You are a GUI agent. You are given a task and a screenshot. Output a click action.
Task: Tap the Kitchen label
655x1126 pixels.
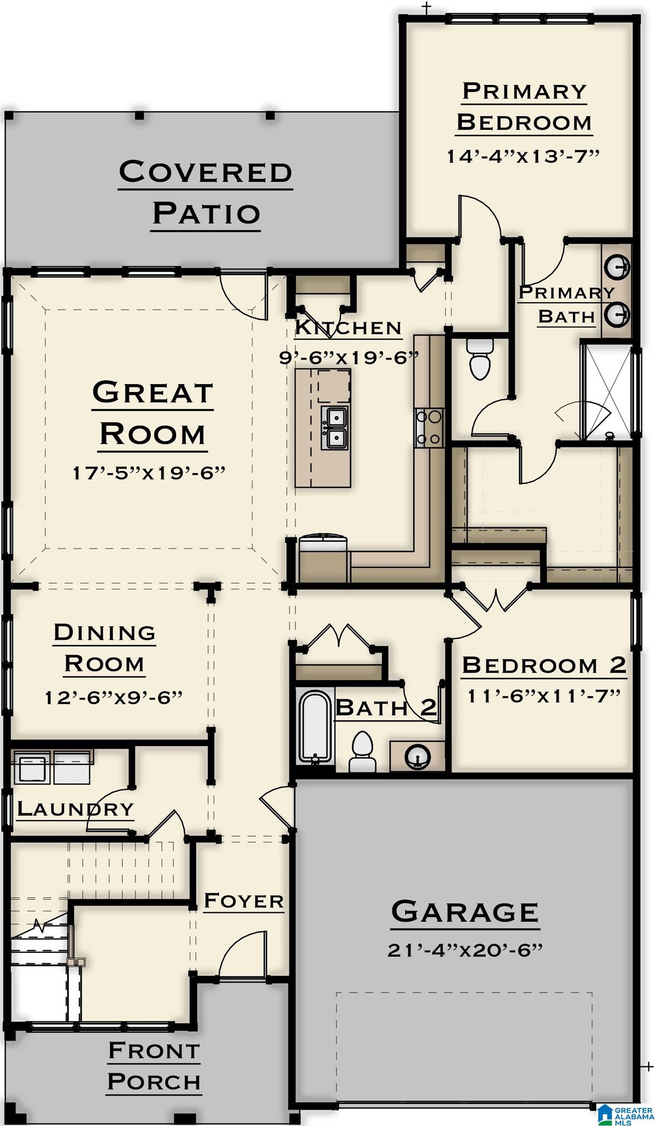click(348, 327)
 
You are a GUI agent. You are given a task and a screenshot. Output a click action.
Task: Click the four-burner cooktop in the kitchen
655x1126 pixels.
click(429, 428)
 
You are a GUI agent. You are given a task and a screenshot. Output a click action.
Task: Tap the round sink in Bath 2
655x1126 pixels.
click(417, 757)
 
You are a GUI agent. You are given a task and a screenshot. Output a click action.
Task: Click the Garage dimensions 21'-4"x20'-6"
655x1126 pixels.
click(465, 951)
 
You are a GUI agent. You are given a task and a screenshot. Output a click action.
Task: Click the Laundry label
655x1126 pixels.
click(75, 809)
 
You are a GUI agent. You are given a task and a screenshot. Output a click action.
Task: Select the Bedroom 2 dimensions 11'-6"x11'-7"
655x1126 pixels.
click(543, 695)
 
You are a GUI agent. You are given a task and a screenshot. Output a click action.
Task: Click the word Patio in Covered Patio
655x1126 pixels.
click(206, 214)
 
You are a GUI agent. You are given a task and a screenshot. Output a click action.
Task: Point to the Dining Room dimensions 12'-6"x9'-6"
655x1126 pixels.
click(113, 697)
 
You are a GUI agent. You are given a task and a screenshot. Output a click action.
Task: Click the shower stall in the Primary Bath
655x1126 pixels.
click(605, 391)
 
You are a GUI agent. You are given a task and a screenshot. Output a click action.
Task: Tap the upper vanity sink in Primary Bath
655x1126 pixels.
click(617, 267)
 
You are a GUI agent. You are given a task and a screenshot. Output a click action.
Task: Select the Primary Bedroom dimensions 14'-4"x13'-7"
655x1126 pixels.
click(523, 156)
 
